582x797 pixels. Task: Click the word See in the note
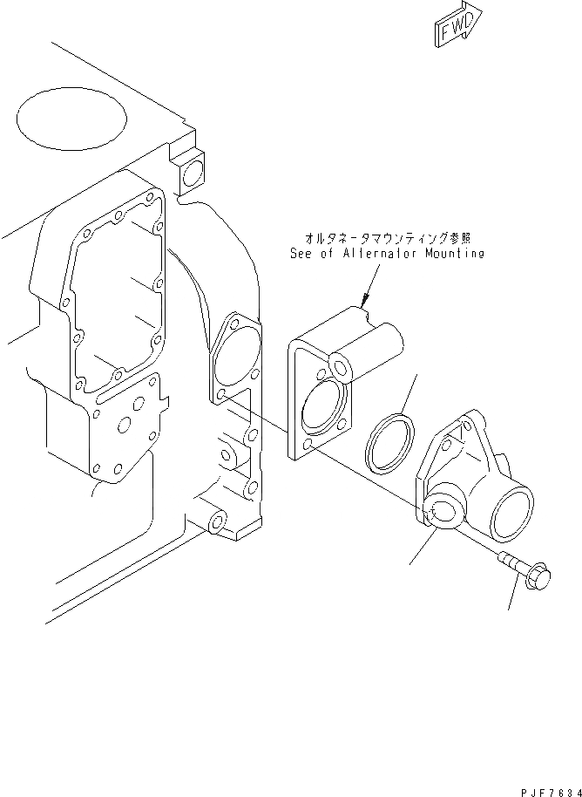click(x=301, y=254)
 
